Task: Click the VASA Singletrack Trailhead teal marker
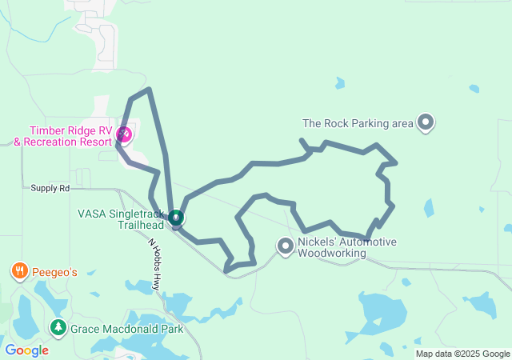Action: pyautogui.click(x=176, y=217)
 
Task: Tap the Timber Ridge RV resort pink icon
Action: pyautogui.click(x=124, y=133)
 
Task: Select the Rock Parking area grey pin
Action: pyautogui.click(x=426, y=122)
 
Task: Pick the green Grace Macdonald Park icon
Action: pyautogui.click(x=58, y=327)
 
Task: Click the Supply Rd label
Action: pyautogui.click(x=50, y=188)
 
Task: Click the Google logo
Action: pyautogui.click(x=26, y=350)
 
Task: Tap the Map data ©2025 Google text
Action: pyautogui.click(x=462, y=354)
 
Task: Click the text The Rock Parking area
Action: pyautogui.click(x=358, y=123)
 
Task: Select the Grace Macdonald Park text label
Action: pyautogui.click(x=126, y=328)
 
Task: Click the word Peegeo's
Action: pyautogui.click(x=55, y=272)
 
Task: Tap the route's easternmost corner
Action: pyautogui.click(x=396, y=163)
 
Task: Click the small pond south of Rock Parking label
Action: pyautogui.click(x=429, y=208)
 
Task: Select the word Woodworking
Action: pyautogui.click(x=332, y=254)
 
